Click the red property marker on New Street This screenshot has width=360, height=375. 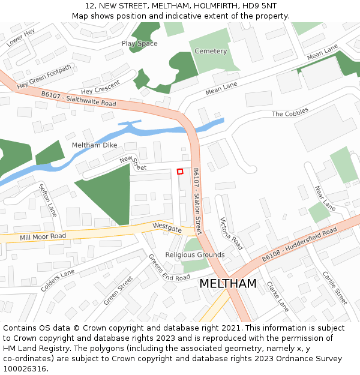pyautogui.click(x=180, y=172)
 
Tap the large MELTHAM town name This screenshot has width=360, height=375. pyautogui.click(x=227, y=284)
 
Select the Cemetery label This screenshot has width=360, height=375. pyautogui.click(x=211, y=52)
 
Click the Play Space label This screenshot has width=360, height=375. pyautogui.click(x=139, y=44)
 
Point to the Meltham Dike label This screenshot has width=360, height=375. pyautogui.click(x=94, y=145)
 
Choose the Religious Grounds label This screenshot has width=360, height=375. pyautogui.click(x=195, y=255)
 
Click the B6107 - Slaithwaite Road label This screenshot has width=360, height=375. pyautogui.click(x=79, y=99)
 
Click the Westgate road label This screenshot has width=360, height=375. pyautogui.click(x=167, y=228)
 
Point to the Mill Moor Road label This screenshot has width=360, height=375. pyautogui.click(x=43, y=236)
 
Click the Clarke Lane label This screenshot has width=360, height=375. pyautogui.click(x=277, y=296)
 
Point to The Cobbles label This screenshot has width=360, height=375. pyautogui.click(x=290, y=112)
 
